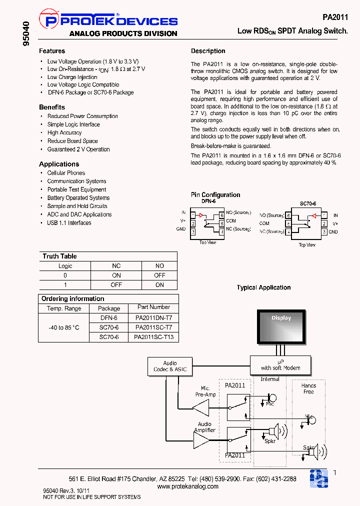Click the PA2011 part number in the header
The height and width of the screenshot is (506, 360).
pos(335,16)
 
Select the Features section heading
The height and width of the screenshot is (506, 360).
pos(52,51)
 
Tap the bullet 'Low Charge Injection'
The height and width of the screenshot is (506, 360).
pos(72,77)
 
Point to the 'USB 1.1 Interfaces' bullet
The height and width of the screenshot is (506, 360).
pos(69,223)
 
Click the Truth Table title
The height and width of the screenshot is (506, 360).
pos(59,256)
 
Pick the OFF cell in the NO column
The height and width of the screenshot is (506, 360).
pos(159,275)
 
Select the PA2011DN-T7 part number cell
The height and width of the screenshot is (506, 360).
pos(153,317)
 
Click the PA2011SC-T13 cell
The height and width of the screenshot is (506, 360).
pos(153,337)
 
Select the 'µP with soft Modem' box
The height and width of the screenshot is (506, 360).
pos(280,364)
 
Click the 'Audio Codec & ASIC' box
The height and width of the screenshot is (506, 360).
pos(170,366)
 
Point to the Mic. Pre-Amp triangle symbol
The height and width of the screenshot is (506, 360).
pos(201,408)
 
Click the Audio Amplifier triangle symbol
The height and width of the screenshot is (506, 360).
pos(202,440)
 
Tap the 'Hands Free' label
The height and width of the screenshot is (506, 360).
pos(308,388)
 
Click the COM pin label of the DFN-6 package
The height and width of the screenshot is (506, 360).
pos(230,221)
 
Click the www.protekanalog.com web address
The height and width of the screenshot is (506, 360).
pos(187,486)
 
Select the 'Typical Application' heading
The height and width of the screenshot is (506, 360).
pos(263,287)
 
